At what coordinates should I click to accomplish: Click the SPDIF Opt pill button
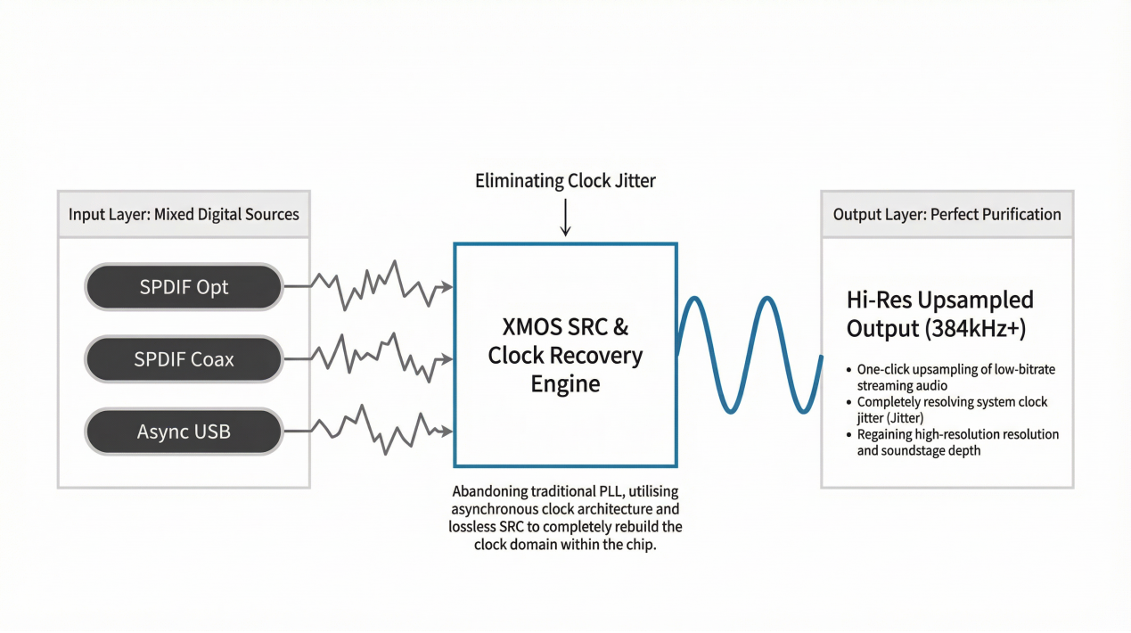pos(184,287)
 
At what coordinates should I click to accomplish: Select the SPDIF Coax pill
pos(184,359)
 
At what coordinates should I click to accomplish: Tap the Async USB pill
pos(184,432)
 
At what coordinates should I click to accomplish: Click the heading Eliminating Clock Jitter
pos(565,181)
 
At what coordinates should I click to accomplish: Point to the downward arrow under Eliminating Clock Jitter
pos(565,218)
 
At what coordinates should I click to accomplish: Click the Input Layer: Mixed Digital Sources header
pos(184,214)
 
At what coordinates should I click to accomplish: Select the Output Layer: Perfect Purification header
pos(947,214)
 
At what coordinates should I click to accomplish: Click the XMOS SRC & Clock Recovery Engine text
pos(565,355)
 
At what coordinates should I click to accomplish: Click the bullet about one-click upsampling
pos(955,377)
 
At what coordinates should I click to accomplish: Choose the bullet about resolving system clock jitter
pos(952,409)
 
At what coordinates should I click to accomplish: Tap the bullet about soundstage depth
pos(957,442)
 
